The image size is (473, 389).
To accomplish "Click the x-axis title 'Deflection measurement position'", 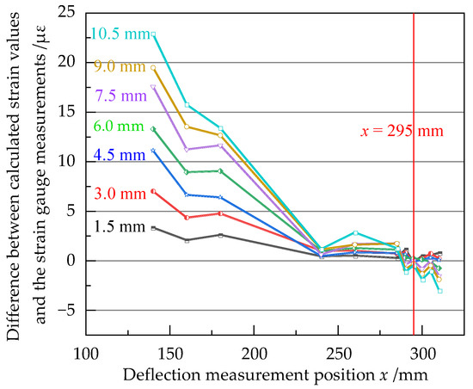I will pos(258,375).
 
